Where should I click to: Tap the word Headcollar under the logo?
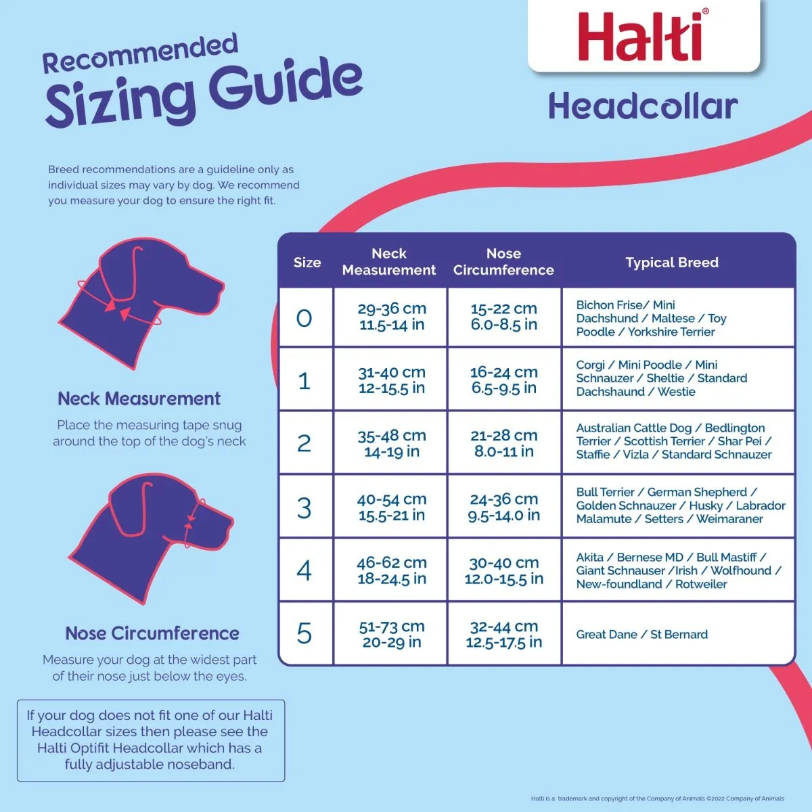642,107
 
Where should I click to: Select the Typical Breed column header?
672,263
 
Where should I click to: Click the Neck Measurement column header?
389,262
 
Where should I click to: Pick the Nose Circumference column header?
503,262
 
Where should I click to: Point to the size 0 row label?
304,318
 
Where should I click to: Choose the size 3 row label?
304,507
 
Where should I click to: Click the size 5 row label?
304,634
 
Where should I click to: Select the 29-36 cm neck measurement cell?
392,317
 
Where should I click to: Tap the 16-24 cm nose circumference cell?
504,380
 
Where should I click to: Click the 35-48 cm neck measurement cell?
392,443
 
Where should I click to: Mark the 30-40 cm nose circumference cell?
504,570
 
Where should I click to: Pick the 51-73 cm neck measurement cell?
392,634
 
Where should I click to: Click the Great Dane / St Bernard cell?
641,635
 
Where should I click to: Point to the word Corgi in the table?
590,365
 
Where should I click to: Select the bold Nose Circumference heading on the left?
152,633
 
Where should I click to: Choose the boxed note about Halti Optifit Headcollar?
150,740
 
